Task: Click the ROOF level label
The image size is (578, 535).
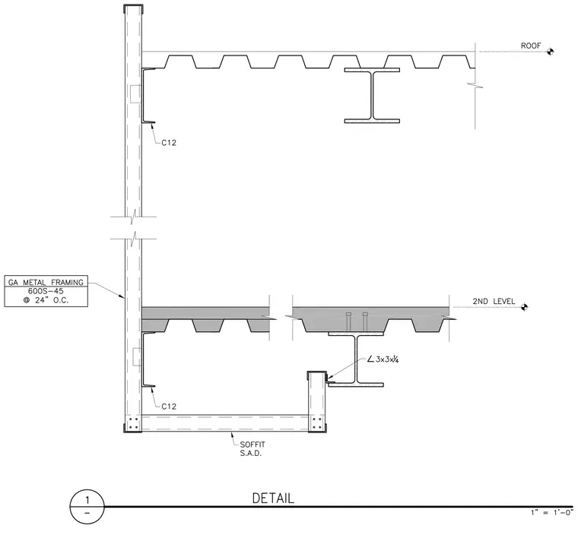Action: click(531, 46)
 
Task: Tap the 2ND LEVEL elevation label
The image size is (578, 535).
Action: click(494, 301)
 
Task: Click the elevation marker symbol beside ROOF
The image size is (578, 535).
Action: click(550, 52)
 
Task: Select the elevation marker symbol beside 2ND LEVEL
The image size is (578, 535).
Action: click(524, 307)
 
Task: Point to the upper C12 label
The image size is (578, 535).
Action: click(169, 143)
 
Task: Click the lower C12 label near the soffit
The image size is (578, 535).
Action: click(169, 407)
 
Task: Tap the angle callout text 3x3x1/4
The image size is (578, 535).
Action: click(383, 359)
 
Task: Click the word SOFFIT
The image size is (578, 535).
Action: click(252, 445)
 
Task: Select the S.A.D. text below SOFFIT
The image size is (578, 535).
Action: click(251, 454)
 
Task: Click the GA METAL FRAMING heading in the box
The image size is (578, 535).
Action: click(46, 282)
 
